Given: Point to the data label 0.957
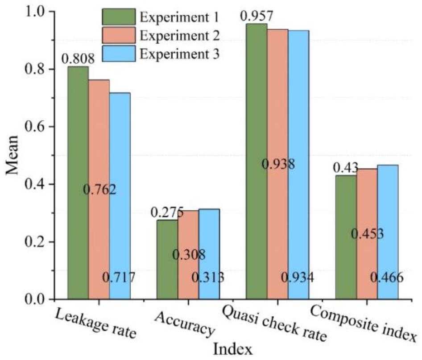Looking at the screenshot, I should coord(257,17).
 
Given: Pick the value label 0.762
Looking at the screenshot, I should coord(100,190).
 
